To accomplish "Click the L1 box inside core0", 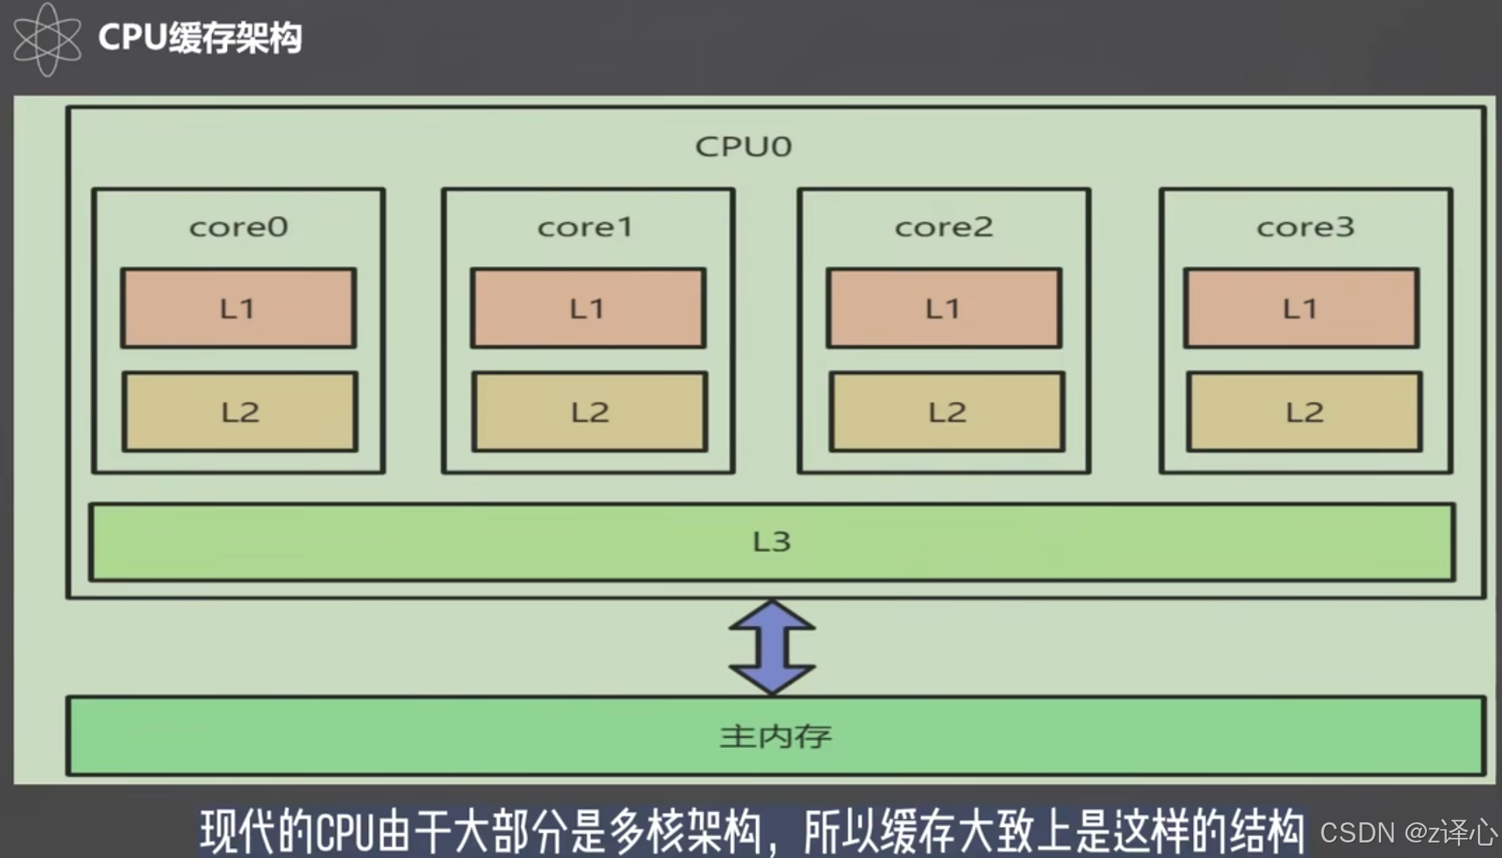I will tap(238, 308).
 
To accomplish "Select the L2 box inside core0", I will tap(239, 412).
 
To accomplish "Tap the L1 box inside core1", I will tap(588, 308).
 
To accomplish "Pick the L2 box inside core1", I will tap(589, 412).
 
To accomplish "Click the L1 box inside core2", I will tap(943, 308).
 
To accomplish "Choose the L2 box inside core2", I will tap(947, 412).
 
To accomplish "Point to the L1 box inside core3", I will tap(1301, 308).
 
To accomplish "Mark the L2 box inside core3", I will tap(1304, 412).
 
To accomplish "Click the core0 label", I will tap(239, 227).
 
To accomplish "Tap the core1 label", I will tap(586, 227).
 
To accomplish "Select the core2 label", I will tap(943, 227).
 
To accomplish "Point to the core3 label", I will tap(1305, 227).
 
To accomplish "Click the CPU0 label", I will tap(743, 146).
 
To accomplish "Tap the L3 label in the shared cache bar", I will tap(772, 541).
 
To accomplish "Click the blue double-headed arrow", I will tap(772, 647).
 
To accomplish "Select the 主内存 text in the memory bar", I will tap(775, 736).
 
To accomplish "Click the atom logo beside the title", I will tap(46, 39).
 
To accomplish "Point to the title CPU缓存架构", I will tap(200, 37).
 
